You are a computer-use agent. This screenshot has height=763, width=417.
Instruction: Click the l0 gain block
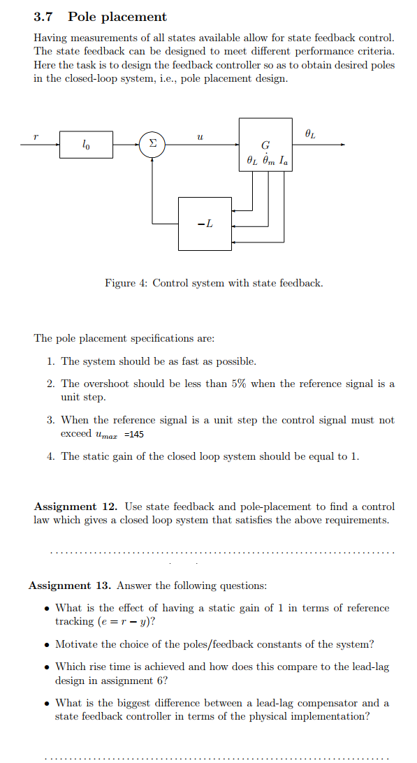(86, 145)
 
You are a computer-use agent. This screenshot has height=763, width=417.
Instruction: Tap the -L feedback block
(205, 224)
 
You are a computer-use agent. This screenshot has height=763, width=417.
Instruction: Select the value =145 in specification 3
(134, 434)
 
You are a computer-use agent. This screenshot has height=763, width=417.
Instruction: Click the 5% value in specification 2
(238, 384)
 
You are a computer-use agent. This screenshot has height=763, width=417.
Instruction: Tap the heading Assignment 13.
(71, 586)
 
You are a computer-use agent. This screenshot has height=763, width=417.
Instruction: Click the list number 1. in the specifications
(51, 361)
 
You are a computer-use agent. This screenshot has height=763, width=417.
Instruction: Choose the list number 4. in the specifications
(51, 456)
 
